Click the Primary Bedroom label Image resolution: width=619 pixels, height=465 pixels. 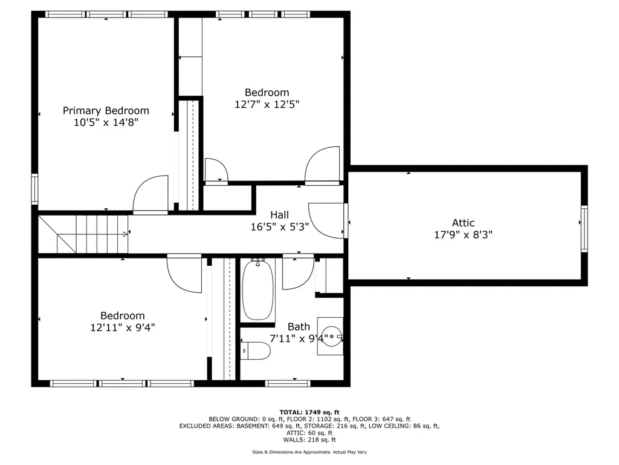click(x=106, y=111)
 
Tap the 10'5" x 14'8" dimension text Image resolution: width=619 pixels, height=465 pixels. click(x=106, y=122)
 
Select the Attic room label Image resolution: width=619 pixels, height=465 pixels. click(x=463, y=223)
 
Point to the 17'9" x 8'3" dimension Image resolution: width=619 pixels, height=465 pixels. click(x=463, y=235)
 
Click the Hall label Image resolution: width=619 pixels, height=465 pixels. click(x=279, y=215)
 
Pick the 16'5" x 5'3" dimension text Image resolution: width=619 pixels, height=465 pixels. click(x=279, y=227)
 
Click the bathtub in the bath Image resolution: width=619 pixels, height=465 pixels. click(x=258, y=290)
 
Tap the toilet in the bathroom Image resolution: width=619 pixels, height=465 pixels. click(x=256, y=351)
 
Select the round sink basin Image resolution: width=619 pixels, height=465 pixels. click(x=331, y=337)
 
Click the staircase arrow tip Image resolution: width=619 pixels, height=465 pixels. click(x=128, y=234)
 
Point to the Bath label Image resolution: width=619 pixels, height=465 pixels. click(x=299, y=327)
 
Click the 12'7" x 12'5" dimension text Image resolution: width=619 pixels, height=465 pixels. click(x=267, y=105)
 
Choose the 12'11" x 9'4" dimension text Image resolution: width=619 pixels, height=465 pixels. click(x=122, y=328)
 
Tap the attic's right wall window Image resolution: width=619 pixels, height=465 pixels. click(x=585, y=228)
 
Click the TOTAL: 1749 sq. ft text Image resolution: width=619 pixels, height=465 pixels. click(x=309, y=412)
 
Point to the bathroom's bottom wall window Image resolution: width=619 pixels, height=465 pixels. click(x=288, y=383)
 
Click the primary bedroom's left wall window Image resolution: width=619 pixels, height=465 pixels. click(x=34, y=189)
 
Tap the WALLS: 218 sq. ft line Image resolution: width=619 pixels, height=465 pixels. click(x=309, y=440)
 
